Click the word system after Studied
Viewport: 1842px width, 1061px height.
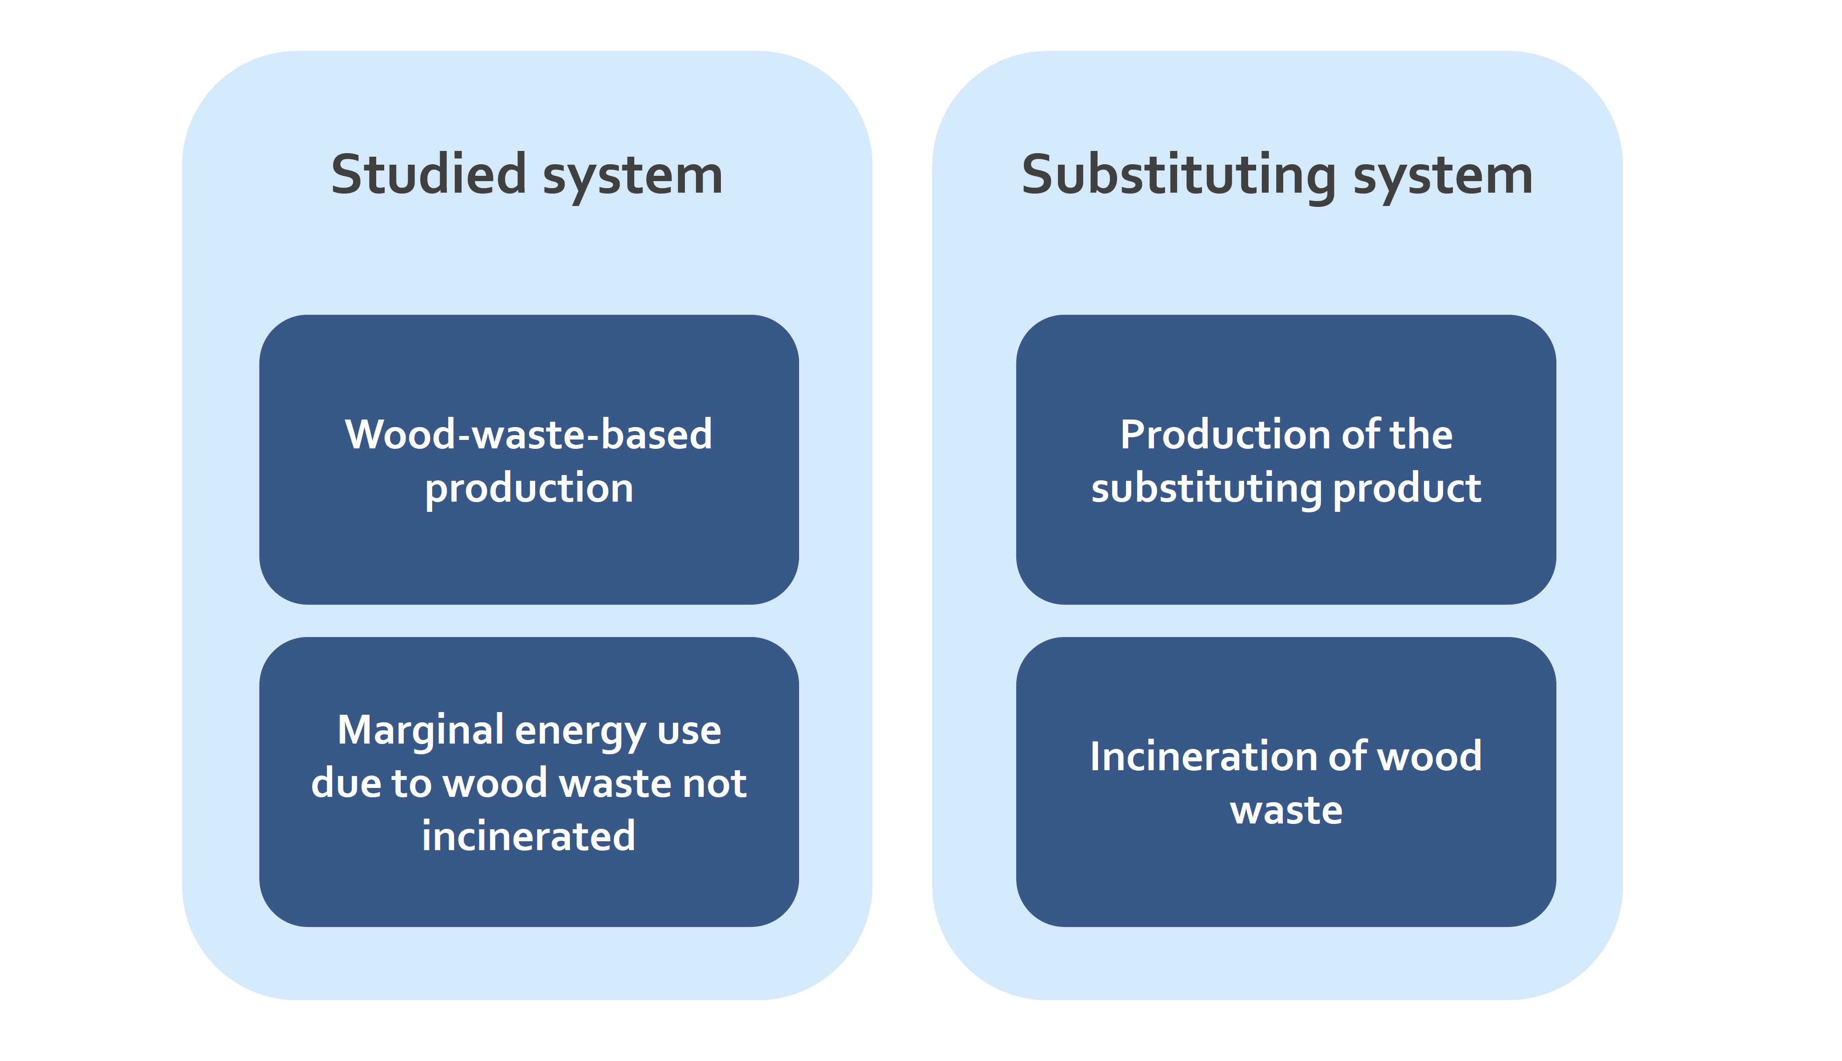(633, 178)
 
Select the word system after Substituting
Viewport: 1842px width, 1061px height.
(1443, 178)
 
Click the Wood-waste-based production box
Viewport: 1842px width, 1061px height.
(529, 459)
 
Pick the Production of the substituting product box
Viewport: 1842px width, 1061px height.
(1286, 459)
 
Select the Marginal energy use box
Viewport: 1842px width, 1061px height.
(529, 782)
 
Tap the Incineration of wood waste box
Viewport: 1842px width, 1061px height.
(1286, 782)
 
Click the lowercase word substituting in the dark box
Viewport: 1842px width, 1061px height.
(1206, 488)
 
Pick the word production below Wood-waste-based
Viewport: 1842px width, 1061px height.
(529, 488)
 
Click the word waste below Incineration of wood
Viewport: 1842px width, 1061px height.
(1286, 810)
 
